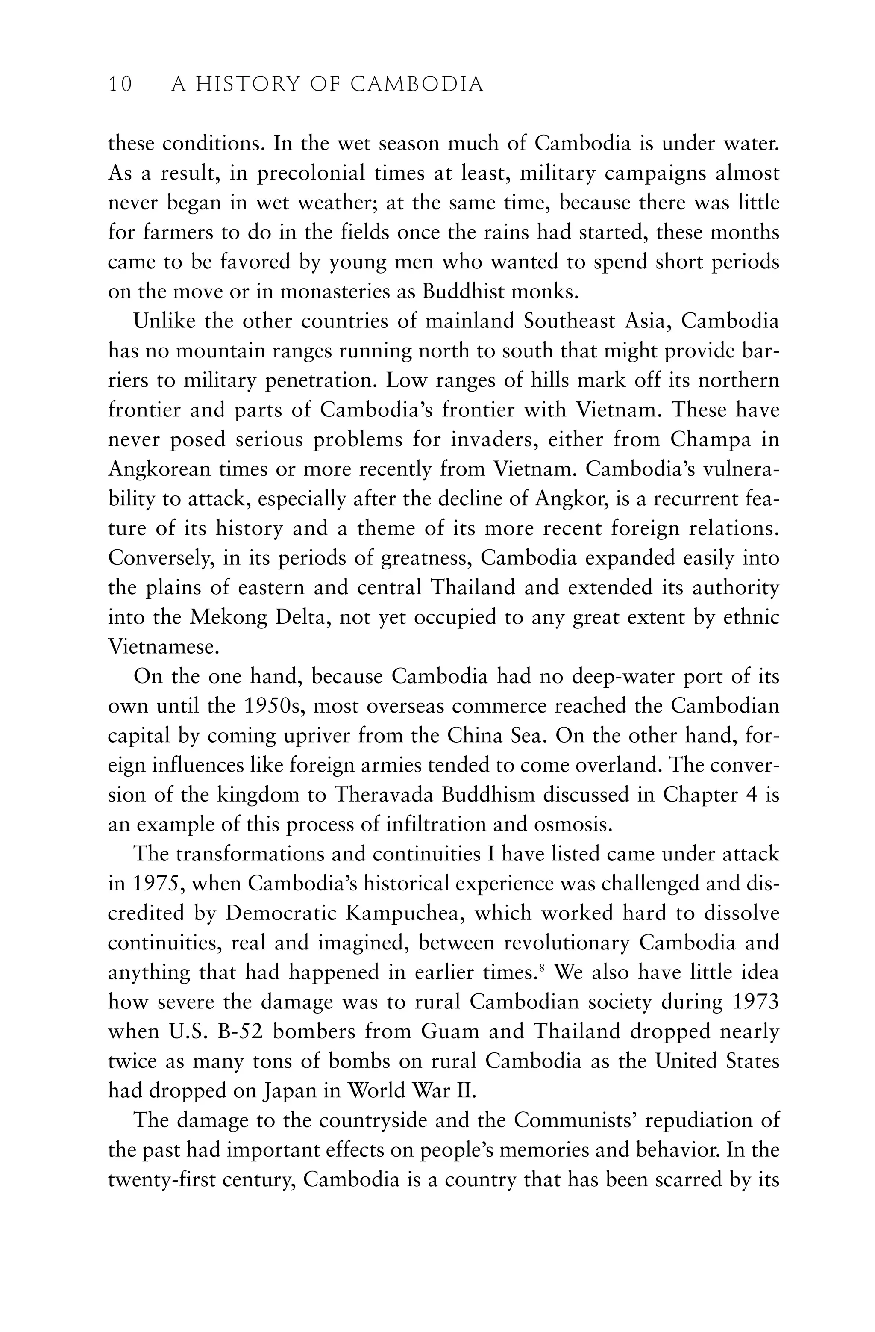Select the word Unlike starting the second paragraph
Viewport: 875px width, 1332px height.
163,321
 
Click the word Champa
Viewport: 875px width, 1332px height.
711,439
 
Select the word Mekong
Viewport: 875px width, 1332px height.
226,617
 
